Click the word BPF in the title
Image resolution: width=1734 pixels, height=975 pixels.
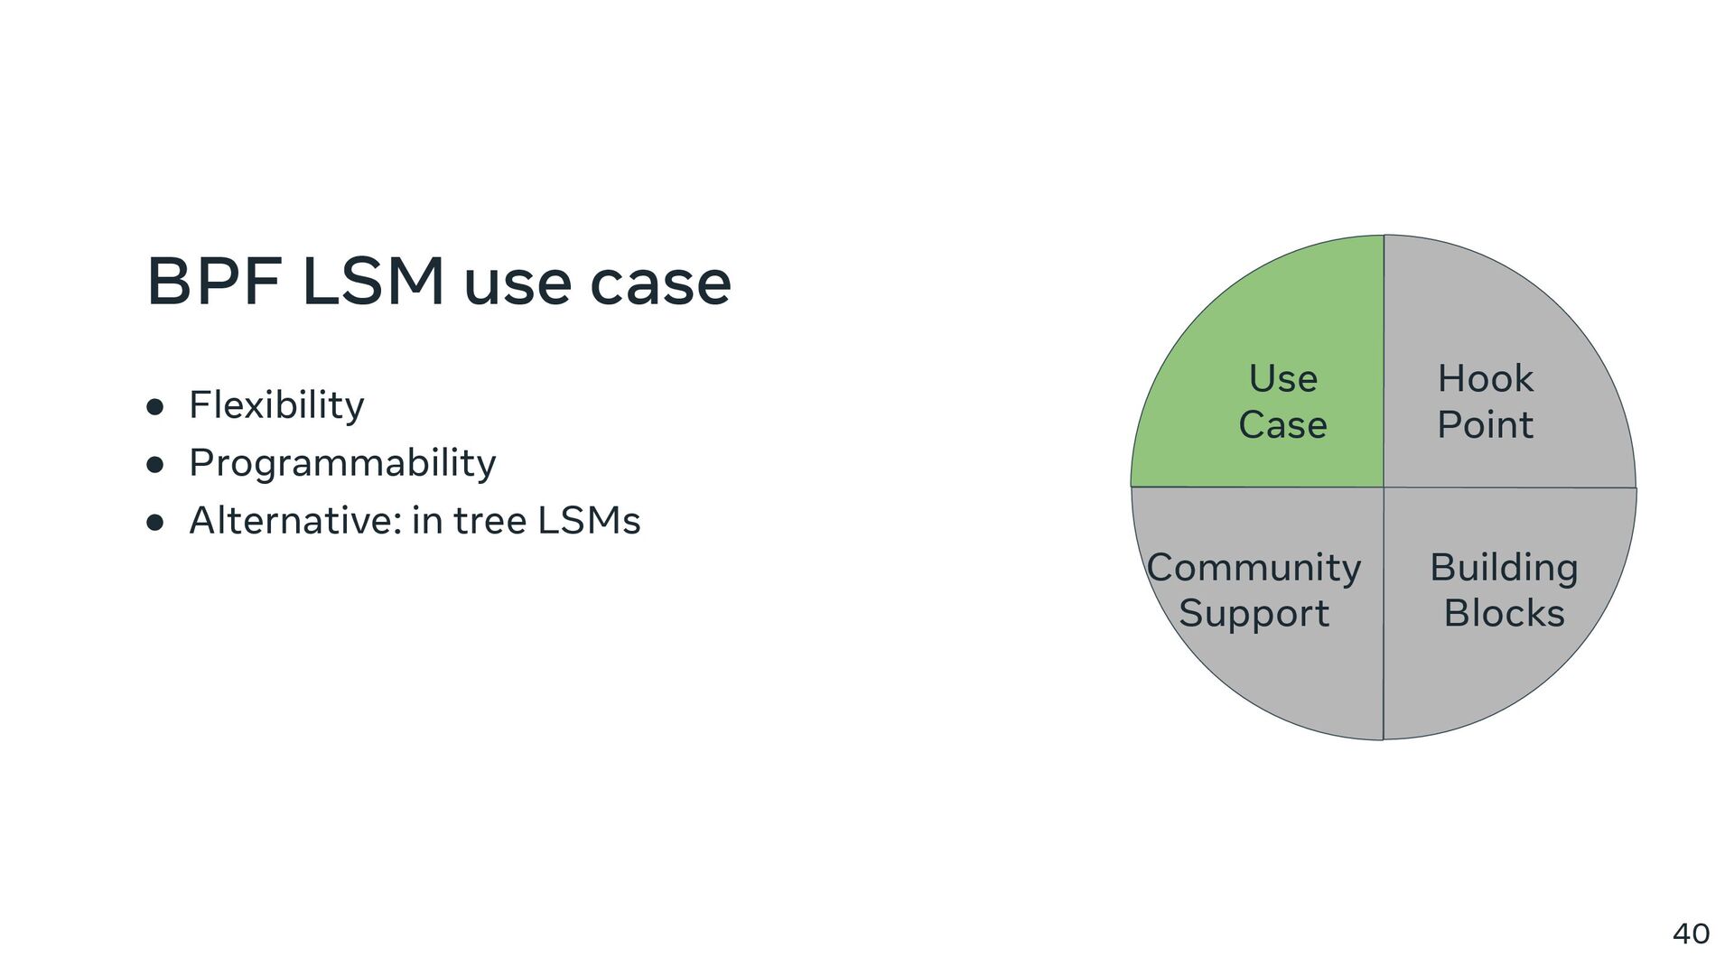(x=213, y=282)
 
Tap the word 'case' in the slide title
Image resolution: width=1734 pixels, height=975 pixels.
(x=660, y=283)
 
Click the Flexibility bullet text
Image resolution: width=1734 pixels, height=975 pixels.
(x=276, y=405)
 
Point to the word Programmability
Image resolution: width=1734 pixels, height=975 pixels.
(x=342, y=463)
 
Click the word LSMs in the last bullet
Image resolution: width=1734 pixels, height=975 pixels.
(x=589, y=521)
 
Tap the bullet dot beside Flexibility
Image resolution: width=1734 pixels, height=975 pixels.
(x=155, y=407)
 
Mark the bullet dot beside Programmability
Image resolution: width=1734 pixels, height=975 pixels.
(x=155, y=465)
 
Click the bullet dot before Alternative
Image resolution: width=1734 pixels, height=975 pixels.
(x=155, y=523)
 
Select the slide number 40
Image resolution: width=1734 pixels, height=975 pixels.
(x=1691, y=933)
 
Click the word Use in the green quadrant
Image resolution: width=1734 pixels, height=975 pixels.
(x=1282, y=379)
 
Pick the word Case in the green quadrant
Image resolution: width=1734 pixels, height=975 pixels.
(x=1282, y=425)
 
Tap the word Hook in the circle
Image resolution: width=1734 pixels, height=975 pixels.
(x=1485, y=379)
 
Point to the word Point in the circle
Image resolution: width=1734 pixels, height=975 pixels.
(x=1485, y=425)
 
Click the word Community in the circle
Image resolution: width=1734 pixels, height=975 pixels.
(x=1254, y=569)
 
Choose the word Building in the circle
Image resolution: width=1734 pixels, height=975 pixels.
(x=1504, y=569)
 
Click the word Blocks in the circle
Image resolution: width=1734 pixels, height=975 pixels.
(x=1504, y=614)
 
